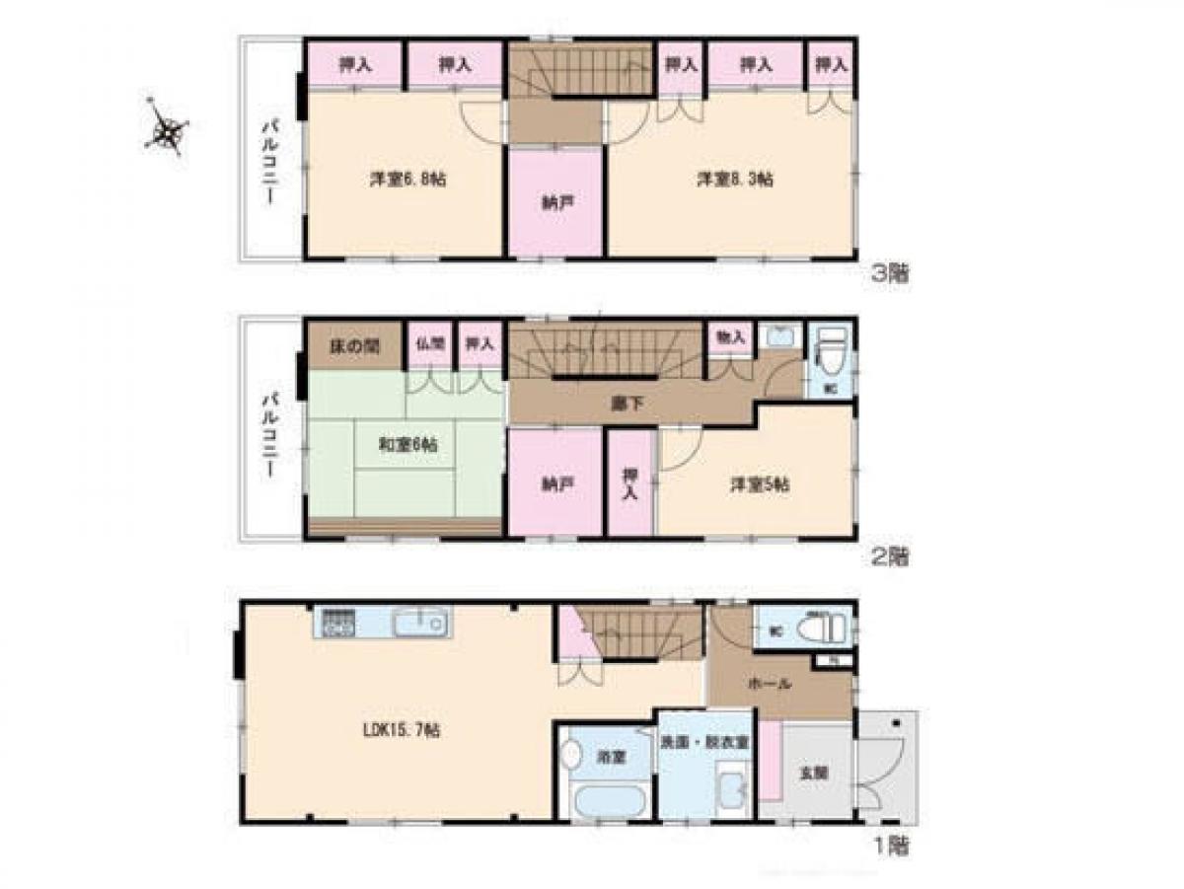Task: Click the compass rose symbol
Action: (168, 128)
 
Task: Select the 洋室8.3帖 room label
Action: (735, 181)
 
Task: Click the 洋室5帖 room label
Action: (759, 485)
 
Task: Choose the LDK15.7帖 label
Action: (399, 731)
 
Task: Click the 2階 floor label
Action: (889, 556)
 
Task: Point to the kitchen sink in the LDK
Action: (420, 624)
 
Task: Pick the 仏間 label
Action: (431, 345)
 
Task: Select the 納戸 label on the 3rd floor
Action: (555, 203)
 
